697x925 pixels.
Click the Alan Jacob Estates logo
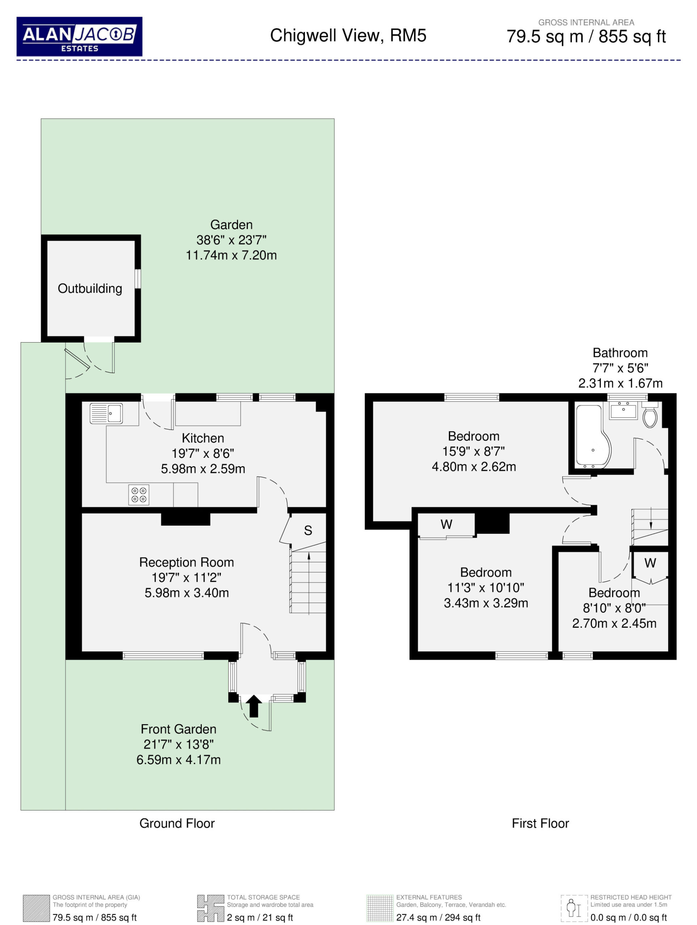[80, 36]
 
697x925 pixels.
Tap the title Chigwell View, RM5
[348, 35]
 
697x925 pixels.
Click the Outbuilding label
[90, 289]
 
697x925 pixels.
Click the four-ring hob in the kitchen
[139, 495]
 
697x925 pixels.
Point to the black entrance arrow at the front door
[254, 706]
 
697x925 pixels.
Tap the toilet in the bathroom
[650, 415]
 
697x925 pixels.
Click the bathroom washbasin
[623, 410]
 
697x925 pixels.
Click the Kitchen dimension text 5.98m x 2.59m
[203, 469]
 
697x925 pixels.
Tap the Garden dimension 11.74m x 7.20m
[231, 255]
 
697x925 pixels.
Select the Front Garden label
[179, 729]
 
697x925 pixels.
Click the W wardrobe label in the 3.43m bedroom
[447, 524]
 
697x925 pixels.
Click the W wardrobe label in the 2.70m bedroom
[650, 563]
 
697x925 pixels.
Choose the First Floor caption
[540, 823]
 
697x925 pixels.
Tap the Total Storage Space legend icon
[211, 908]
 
